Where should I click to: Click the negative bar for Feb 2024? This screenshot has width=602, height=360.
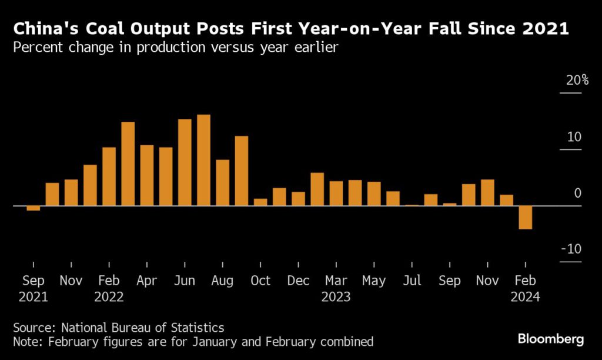(x=525, y=217)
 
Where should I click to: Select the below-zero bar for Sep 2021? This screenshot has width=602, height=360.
(x=34, y=208)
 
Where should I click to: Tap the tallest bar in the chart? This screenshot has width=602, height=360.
(x=203, y=160)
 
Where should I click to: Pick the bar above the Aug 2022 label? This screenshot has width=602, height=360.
(x=222, y=182)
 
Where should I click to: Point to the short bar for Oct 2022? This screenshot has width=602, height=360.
(x=260, y=202)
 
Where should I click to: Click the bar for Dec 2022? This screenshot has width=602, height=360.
(x=298, y=199)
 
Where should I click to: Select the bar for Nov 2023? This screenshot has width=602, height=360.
(x=487, y=192)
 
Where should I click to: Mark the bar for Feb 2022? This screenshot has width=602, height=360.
(x=109, y=176)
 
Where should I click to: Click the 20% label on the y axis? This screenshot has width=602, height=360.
(x=577, y=81)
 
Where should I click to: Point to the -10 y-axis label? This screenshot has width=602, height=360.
(x=571, y=249)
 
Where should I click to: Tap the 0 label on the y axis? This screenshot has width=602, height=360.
(x=577, y=194)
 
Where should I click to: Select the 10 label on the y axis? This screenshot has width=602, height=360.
(x=574, y=137)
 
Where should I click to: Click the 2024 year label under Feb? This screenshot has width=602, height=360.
(x=525, y=297)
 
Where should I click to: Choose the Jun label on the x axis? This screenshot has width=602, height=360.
(x=185, y=281)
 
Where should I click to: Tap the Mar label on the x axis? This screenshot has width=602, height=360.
(x=336, y=281)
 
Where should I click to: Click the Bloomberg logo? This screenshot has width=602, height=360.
(x=550, y=339)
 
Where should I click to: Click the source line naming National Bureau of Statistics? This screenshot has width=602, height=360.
(x=119, y=327)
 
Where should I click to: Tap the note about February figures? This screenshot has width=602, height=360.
(x=193, y=341)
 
